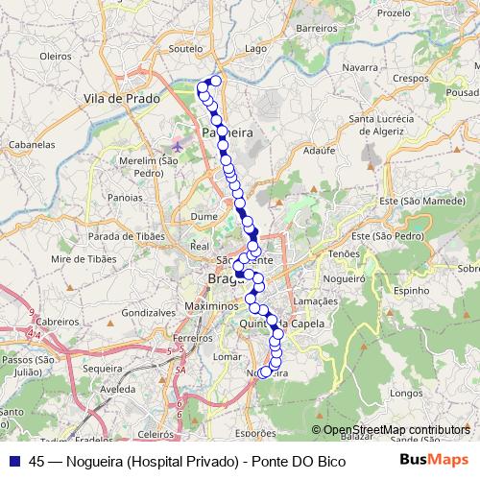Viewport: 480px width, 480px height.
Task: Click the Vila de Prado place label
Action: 120,99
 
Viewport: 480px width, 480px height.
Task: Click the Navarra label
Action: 359,68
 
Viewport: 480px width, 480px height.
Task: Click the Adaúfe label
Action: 318,151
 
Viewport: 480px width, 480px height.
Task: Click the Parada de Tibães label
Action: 121,237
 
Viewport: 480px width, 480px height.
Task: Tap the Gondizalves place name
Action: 149,313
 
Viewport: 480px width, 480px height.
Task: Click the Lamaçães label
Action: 314,300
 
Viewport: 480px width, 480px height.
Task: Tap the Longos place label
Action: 407,393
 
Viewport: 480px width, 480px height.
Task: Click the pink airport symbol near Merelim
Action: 178,146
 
